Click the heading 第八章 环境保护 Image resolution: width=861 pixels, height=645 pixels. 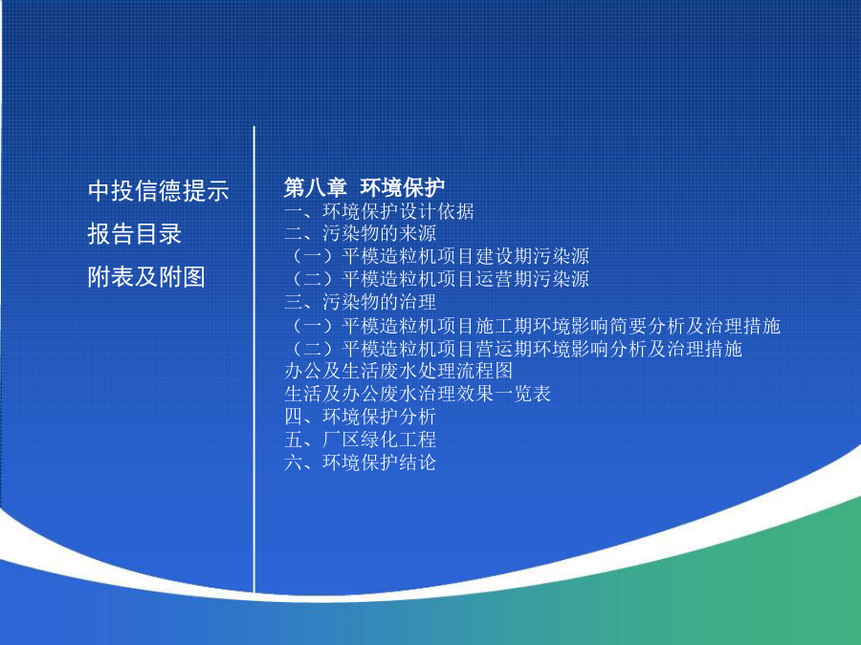pyautogui.click(x=364, y=187)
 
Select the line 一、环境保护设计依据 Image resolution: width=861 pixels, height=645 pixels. pyautogui.click(x=379, y=211)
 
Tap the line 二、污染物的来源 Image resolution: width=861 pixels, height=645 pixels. pyautogui.click(x=361, y=234)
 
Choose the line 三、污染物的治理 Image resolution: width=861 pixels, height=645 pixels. pyautogui.click(x=361, y=302)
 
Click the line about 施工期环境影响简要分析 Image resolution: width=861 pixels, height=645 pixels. pyautogui.click(x=534, y=326)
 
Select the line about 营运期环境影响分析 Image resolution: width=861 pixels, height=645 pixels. pyautogui.click(x=516, y=349)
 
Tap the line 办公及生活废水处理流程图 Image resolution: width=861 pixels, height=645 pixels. pyautogui.click(x=399, y=372)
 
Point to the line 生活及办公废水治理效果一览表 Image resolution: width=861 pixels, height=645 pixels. pyautogui.click(x=418, y=394)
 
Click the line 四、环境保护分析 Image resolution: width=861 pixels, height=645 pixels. pyautogui.click(x=361, y=417)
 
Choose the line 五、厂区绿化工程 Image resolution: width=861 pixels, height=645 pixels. pyautogui.click(x=361, y=440)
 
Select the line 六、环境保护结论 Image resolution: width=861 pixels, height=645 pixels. pyautogui.click(x=361, y=462)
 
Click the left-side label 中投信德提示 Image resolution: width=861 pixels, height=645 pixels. pyautogui.click(x=158, y=191)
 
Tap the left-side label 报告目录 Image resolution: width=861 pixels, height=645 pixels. pyautogui.click(x=135, y=234)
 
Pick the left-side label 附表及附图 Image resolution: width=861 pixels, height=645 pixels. pyautogui.click(x=146, y=276)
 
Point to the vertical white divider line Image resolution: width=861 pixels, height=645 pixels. pyautogui.click(x=254, y=359)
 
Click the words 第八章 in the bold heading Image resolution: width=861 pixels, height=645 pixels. pyautogui.click(x=315, y=187)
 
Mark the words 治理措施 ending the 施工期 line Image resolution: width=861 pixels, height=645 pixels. pyautogui.click(x=742, y=326)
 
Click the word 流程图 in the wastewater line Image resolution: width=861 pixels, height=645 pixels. pyautogui.click(x=484, y=372)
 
